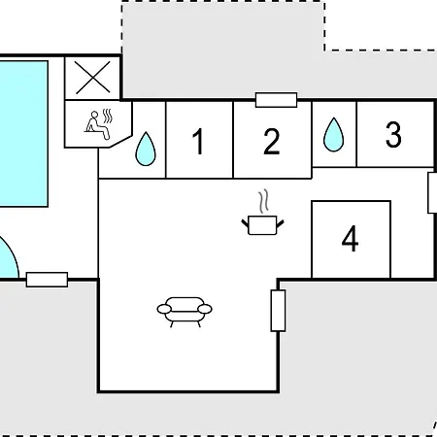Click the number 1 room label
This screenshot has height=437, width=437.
[198, 142]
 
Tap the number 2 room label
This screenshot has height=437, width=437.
[271, 142]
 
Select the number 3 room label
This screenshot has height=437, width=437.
[393, 134]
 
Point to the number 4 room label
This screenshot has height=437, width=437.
[350, 239]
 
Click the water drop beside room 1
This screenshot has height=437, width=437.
[146, 149]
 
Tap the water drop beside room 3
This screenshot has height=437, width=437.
[333, 135]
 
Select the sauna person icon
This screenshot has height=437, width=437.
[97, 125]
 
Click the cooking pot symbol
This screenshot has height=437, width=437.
[262, 225]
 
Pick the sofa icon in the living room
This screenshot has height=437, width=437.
[185, 312]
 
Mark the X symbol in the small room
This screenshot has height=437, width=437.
[93, 78]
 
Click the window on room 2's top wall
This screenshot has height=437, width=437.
[276, 100]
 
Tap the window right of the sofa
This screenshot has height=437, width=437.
[278, 311]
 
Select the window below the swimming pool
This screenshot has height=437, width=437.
[47, 280]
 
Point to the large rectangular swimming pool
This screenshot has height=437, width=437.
[23, 134]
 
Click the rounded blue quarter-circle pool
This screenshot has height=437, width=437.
[8, 259]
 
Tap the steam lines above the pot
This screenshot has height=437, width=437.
[263, 201]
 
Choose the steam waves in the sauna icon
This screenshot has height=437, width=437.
[108, 117]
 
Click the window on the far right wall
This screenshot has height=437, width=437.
[432, 193]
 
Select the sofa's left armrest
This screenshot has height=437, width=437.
[164, 309]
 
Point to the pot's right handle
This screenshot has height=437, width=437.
[280, 223]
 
